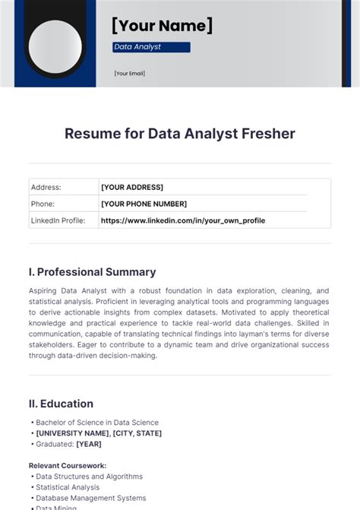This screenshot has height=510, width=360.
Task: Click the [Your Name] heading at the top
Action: tap(162, 26)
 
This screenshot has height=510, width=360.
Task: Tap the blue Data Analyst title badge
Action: tap(150, 47)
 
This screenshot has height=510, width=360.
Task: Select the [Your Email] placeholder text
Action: tap(129, 74)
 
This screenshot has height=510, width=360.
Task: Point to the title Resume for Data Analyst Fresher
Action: tap(180, 134)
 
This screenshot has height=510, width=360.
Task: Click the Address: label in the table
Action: tap(46, 187)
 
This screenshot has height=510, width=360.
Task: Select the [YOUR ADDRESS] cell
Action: tap(132, 187)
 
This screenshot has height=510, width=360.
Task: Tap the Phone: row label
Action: tap(43, 204)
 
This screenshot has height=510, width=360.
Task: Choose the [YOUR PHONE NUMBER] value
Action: tap(144, 204)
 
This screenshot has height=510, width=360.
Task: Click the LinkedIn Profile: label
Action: tap(64, 220)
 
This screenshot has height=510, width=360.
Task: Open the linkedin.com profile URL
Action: tap(183, 220)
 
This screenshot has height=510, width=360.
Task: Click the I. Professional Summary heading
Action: tap(92, 272)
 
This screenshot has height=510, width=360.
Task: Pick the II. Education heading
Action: tap(61, 404)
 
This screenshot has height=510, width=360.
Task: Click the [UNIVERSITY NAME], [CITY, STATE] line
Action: tap(99, 433)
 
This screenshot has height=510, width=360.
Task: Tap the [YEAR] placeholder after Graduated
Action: tap(89, 444)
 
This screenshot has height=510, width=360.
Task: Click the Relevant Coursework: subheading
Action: tap(68, 465)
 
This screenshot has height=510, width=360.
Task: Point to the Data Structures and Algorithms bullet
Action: tap(89, 477)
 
